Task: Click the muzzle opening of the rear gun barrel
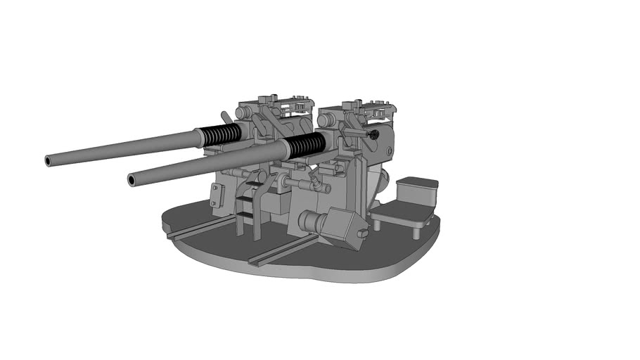[x=49, y=161]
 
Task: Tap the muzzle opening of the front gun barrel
[x=132, y=181]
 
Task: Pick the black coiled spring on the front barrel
[x=307, y=144]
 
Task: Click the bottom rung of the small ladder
[x=245, y=213]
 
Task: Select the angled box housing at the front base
[x=343, y=227]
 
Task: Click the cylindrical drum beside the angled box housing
[x=309, y=222]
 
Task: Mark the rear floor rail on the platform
[x=200, y=227]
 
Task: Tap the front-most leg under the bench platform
[x=377, y=224]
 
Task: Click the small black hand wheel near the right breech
[x=373, y=133]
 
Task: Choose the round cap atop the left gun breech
[x=241, y=112]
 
